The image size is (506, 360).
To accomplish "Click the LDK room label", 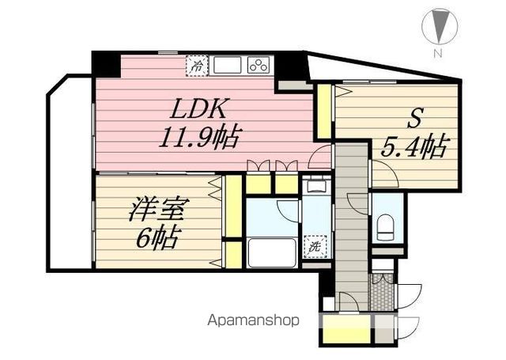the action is (x=198, y=108).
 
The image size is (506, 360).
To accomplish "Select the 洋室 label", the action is (x=157, y=209).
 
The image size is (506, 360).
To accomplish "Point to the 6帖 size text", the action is (x=157, y=238).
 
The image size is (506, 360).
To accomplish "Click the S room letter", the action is (x=414, y=119).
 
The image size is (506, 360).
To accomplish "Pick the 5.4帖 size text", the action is (x=415, y=146).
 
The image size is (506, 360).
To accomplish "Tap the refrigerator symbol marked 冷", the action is (x=197, y=66).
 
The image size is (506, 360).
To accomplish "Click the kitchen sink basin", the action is (x=227, y=65).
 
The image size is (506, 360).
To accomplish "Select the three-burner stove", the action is (x=259, y=65).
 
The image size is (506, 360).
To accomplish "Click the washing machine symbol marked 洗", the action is (x=315, y=246).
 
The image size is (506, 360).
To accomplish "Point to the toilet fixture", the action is (x=385, y=228).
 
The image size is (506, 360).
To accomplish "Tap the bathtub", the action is (x=272, y=253).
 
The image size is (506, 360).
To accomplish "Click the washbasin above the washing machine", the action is (x=315, y=186).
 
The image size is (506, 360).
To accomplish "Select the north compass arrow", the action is (x=440, y=25).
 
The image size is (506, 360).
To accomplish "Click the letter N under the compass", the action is (x=437, y=53).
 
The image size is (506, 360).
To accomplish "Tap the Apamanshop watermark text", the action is (x=253, y=320).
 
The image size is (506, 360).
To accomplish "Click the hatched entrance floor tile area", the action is (x=383, y=292).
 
